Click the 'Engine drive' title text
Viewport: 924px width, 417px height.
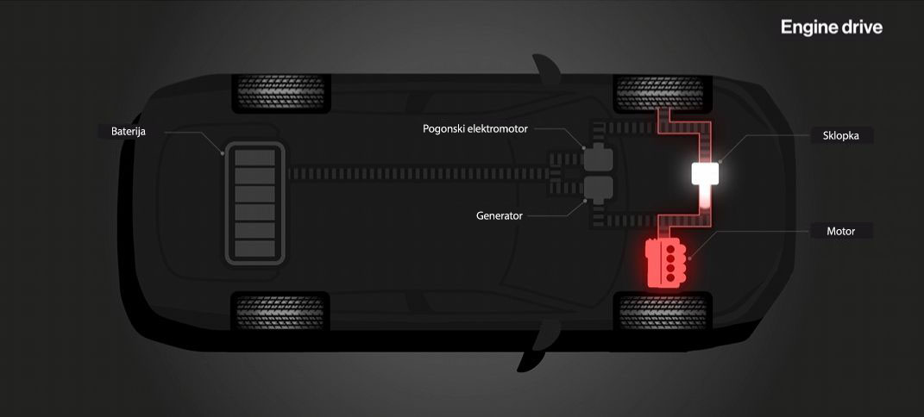pyautogui.click(x=832, y=28)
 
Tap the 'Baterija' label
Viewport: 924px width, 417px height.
pyautogui.click(x=129, y=132)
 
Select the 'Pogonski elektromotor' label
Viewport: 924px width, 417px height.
pyautogui.click(x=475, y=129)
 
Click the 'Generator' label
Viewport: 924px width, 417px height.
pyautogui.click(x=500, y=216)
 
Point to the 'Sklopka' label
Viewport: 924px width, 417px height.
pyautogui.click(x=841, y=135)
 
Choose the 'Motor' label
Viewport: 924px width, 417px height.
pyautogui.click(x=841, y=231)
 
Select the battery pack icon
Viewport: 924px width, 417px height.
pyautogui.click(x=255, y=203)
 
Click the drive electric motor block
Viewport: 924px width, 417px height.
pyautogui.click(x=598, y=159)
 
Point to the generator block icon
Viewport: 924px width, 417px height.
pyautogui.click(x=598, y=190)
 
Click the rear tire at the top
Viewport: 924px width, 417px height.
pyautogui.click(x=280, y=93)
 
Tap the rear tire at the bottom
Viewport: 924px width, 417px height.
pyautogui.click(x=280, y=310)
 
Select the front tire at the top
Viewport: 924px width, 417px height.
pyautogui.click(x=663, y=93)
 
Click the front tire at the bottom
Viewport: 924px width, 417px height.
pyautogui.click(x=663, y=312)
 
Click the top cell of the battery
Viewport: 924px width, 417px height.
pyautogui.click(x=255, y=158)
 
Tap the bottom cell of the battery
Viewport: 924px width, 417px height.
pyautogui.click(x=255, y=248)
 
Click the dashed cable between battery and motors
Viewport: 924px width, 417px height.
pyautogui.click(x=418, y=173)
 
